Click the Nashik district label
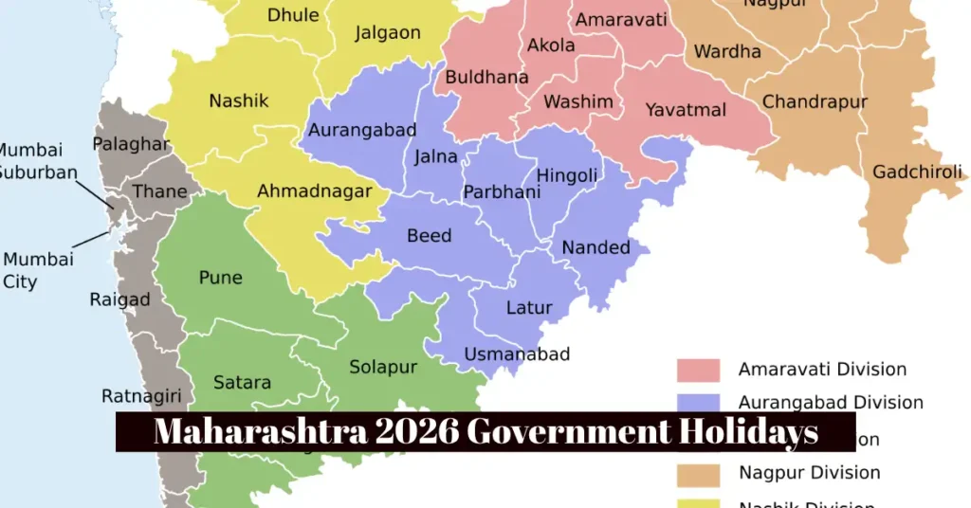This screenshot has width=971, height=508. (239, 100)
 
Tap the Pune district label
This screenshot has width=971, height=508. (220, 278)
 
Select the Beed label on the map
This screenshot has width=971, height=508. (429, 235)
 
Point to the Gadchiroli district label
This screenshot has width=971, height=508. (917, 172)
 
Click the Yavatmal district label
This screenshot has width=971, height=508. (686, 110)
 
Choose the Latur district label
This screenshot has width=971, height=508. (529, 308)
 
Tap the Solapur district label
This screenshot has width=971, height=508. (383, 367)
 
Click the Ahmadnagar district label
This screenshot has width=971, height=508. (315, 191)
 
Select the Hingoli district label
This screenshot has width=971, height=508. (567, 175)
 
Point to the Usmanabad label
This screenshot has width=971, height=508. (517, 354)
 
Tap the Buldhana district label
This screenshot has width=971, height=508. (486, 77)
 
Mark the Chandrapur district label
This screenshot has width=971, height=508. (815, 100)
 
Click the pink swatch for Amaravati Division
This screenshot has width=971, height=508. (698, 370)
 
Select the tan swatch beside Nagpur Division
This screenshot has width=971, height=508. (698, 473)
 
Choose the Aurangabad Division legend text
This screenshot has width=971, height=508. (831, 402)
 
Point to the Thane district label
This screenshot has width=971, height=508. (159, 191)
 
